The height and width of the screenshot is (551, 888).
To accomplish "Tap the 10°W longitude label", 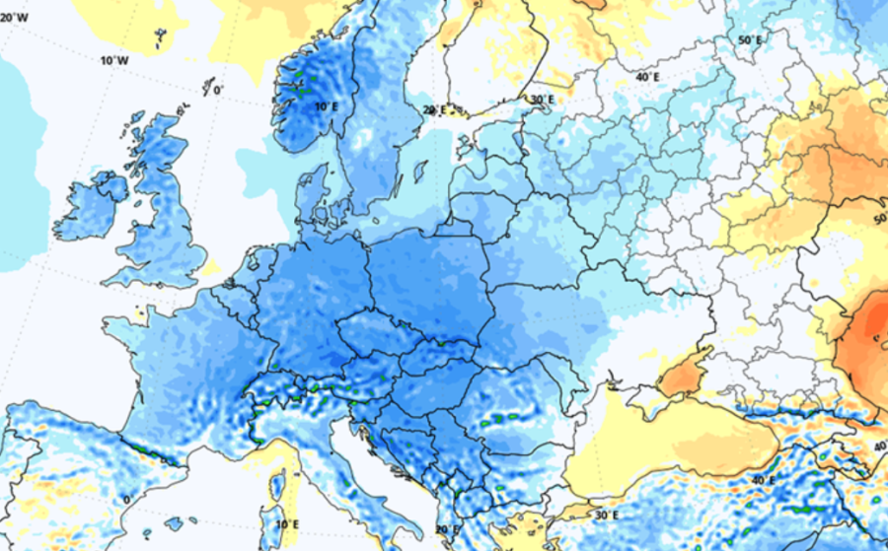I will point(115,60).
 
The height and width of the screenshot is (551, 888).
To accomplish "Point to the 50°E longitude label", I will point(751,39).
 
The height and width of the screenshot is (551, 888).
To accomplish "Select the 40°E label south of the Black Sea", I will point(764,480).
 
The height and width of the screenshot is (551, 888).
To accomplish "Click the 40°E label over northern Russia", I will point(647,77).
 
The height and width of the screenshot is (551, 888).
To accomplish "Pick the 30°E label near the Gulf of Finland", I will point(542,100).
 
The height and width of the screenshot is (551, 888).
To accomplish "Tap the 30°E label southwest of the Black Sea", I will point(606,515).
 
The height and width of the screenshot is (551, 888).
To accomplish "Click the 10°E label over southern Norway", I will point(326,105).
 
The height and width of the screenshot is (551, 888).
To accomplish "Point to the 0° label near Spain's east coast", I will point(125,500).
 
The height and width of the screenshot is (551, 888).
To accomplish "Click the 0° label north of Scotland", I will point(217,91).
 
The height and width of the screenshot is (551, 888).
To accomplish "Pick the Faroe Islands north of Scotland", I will point(161,39).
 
